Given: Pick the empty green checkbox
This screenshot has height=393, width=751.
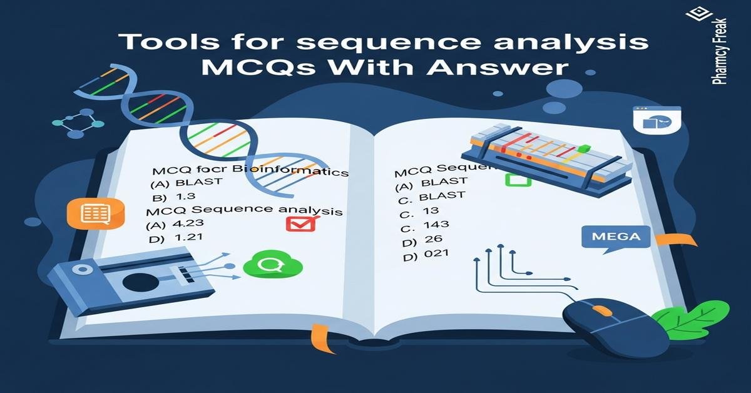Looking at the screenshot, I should click(x=518, y=180).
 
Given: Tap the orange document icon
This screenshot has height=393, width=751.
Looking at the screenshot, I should click(x=96, y=213).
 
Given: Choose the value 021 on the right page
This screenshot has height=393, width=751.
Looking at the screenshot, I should click(x=435, y=253).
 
